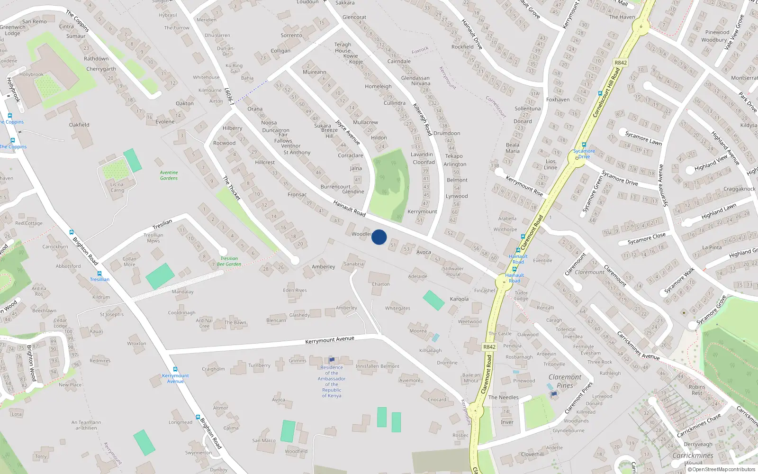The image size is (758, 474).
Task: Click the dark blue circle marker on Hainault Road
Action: pyautogui.click(x=379, y=237)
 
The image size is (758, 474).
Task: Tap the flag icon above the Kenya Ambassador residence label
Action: pyautogui.click(x=332, y=361)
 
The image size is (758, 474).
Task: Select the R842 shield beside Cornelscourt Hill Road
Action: pyautogui.click(x=620, y=63)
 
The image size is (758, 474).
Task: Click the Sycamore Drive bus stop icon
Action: pyautogui.click(x=584, y=145)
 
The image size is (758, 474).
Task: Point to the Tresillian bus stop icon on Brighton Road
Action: pyautogui.click(x=99, y=273)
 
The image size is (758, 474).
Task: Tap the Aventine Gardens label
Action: pyautogui.click(x=169, y=175)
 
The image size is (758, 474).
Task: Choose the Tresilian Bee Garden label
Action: pyautogui.click(x=229, y=261)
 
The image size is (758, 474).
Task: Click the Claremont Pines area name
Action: pyautogui.click(x=565, y=381)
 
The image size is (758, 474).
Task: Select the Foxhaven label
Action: pyautogui.click(x=558, y=100)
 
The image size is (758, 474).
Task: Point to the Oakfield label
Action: pyautogui.click(x=79, y=125)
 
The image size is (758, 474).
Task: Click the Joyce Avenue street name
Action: pyautogui.click(x=348, y=132)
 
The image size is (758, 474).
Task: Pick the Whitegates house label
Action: pyautogui.click(x=397, y=308)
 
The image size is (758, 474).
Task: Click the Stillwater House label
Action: pyautogui.click(x=453, y=271)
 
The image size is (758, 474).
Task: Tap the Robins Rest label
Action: pyautogui.click(x=697, y=390)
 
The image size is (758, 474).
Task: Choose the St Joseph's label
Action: pyautogui.click(x=112, y=314)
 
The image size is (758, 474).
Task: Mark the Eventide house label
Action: pyautogui.click(x=542, y=260)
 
